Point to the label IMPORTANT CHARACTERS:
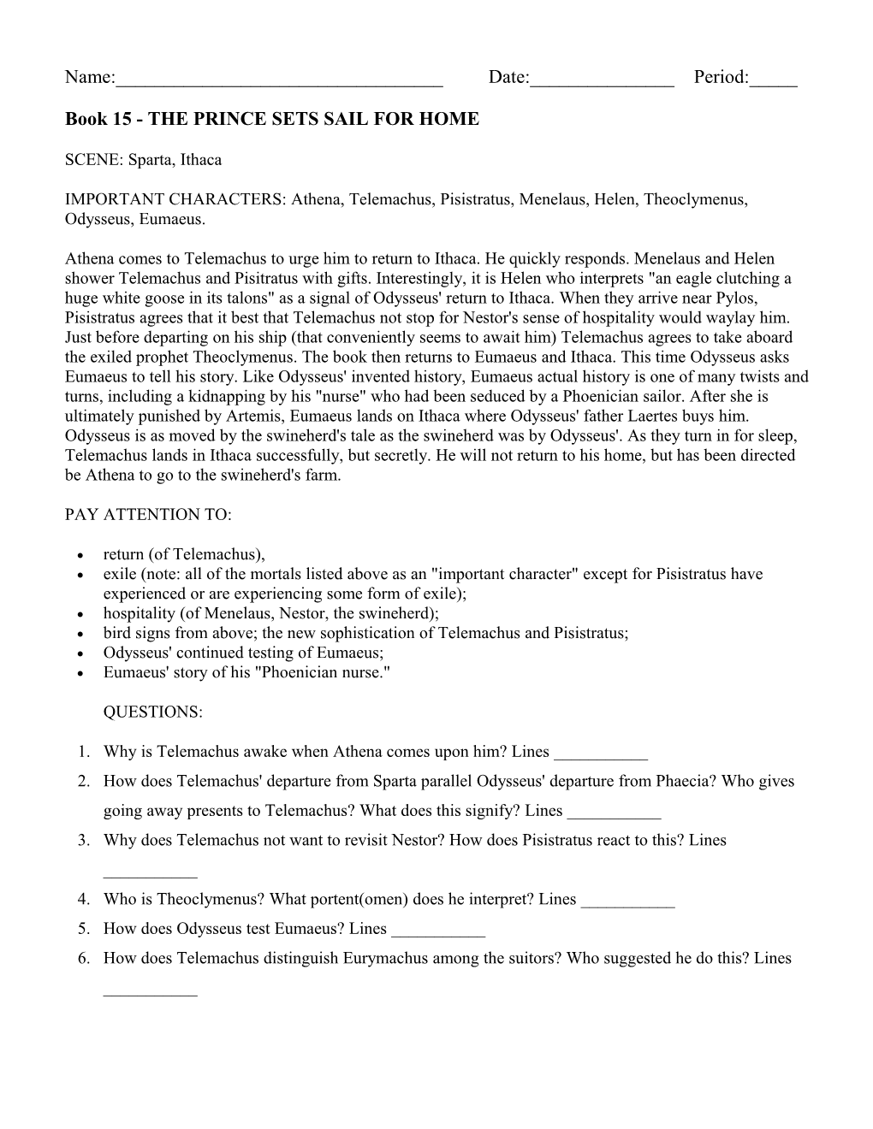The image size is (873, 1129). pos(175,199)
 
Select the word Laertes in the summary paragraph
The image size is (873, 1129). pos(639,416)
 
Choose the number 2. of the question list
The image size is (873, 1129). pos(84,781)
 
